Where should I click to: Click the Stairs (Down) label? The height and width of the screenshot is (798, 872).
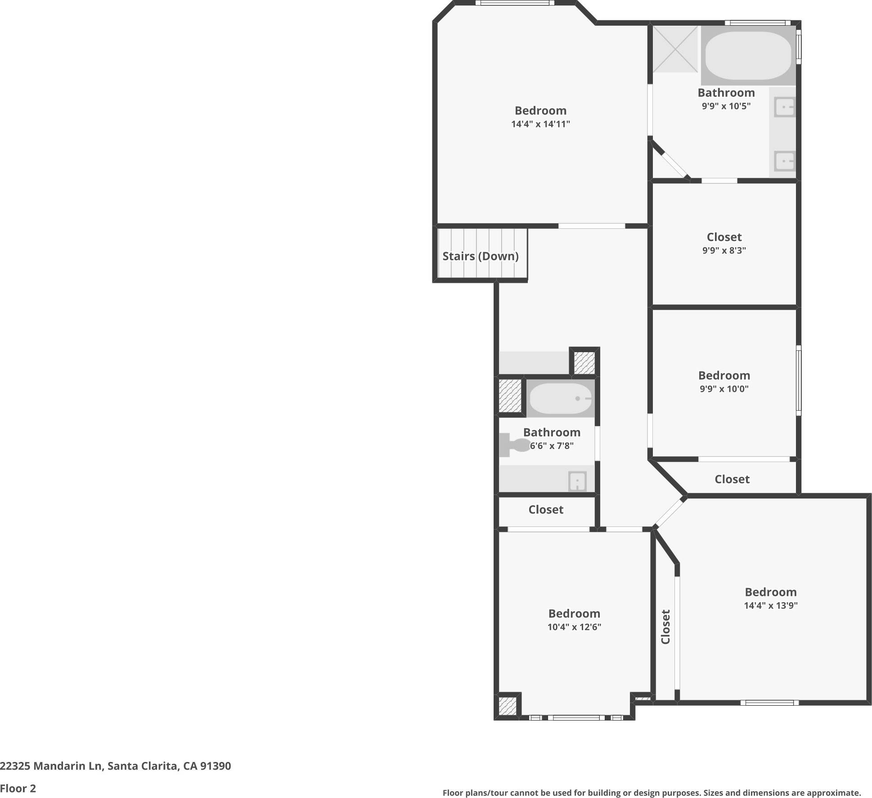coord(480,256)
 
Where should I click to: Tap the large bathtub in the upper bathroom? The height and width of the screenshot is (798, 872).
coord(748,55)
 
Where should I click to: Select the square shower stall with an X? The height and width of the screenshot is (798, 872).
coord(675,49)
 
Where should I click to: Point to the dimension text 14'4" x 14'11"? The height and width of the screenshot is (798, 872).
coord(540,124)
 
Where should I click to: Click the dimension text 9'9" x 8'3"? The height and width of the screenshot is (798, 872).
coord(724,250)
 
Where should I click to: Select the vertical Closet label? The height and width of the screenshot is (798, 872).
coord(665,626)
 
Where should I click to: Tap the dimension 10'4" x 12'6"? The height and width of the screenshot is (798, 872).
coord(574,627)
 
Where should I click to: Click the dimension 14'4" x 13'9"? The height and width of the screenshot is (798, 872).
coord(770,605)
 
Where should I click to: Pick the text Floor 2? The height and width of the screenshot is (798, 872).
coord(18,788)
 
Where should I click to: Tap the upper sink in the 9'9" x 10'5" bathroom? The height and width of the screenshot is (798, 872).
coord(784,107)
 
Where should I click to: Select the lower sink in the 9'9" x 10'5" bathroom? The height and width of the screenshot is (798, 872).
coord(784,161)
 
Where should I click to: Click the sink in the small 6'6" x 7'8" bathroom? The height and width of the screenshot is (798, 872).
coord(577,481)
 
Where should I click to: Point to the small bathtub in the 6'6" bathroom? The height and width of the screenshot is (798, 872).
coord(561,399)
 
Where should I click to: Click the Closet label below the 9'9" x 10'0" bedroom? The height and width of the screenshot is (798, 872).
coord(732,479)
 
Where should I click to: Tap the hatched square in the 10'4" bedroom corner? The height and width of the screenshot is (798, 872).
coord(507,706)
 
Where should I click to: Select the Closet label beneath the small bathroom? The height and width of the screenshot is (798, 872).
coord(545,509)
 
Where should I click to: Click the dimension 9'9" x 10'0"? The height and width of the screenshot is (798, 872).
coord(724,389)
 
